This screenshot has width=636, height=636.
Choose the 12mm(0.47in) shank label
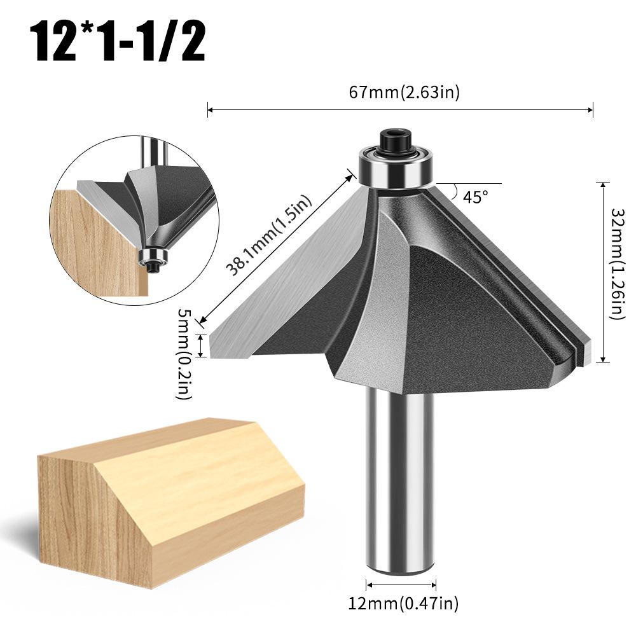403,602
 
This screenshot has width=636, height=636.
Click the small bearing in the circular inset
153,257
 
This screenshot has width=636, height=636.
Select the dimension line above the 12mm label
401,584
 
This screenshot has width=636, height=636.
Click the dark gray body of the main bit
445,305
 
